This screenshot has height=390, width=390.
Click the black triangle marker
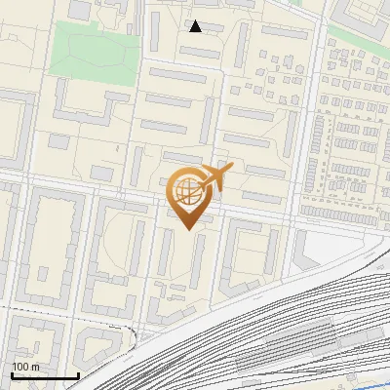pyautogui.click(x=196, y=26)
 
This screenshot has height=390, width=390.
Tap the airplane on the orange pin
pyautogui.click(x=214, y=176)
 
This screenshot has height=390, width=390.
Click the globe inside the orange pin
pyautogui.click(x=189, y=193)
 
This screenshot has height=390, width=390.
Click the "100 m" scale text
pyautogui.click(x=25, y=367)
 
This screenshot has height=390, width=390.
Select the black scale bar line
pyautogui.click(x=45, y=375)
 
